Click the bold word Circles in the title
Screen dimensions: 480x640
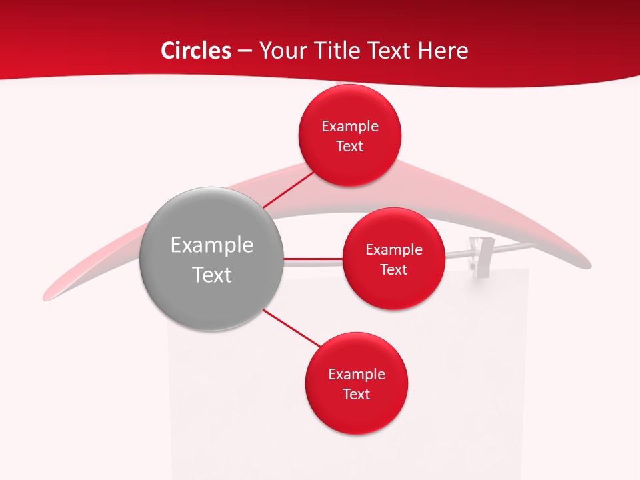(195, 51)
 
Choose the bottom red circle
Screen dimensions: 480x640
(357, 413)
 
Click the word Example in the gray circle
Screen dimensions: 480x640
(211, 245)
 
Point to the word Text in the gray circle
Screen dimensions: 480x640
(211, 275)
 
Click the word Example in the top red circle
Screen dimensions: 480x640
(350, 127)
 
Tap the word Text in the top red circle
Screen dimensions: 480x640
(350, 147)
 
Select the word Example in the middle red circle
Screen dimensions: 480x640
(394, 250)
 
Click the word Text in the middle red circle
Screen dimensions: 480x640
(394, 270)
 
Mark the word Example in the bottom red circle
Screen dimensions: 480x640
(357, 375)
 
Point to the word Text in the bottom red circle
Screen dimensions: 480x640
(357, 395)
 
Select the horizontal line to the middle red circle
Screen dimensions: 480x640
(313, 258)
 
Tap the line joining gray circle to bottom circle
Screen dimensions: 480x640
(292, 328)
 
